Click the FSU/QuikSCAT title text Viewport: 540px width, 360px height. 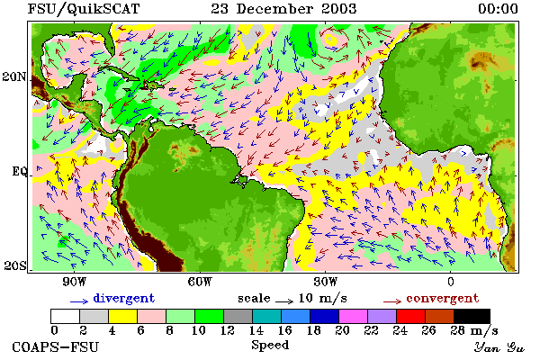pyautogui.click(x=84, y=9)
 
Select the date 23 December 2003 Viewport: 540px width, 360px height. pyautogui.click(x=283, y=9)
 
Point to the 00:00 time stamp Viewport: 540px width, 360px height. pyautogui.click(x=498, y=9)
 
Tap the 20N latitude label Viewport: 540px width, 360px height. pyautogui.click(x=14, y=76)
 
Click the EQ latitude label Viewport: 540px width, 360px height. pyautogui.click(x=19, y=171)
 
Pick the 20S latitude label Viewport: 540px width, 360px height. pyautogui.click(x=15, y=265)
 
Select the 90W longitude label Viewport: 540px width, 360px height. pyautogui.click(x=74, y=282)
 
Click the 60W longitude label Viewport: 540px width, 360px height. pyautogui.click(x=200, y=282)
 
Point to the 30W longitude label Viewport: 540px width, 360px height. pyautogui.click(x=326, y=282)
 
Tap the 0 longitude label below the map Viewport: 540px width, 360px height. pyautogui.click(x=451, y=282)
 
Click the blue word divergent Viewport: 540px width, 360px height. pyautogui.click(x=124, y=298)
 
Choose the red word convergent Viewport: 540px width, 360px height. pyautogui.click(x=443, y=298)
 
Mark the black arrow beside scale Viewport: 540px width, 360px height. pyautogui.click(x=284, y=301)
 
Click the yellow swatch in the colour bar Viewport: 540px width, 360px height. pyautogui.click(x=122, y=316)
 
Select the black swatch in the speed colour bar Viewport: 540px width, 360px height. pyautogui.click(x=472, y=316)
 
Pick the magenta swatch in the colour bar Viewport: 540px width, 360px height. pyautogui.click(x=354, y=316)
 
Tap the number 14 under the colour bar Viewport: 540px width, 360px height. pyautogui.click(x=256, y=330)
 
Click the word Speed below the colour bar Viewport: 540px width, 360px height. pyautogui.click(x=270, y=345)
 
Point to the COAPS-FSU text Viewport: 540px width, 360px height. pyautogui.click(x=55, y=346)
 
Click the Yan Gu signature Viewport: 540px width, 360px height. pyautogui.click(x=499, y=347)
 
